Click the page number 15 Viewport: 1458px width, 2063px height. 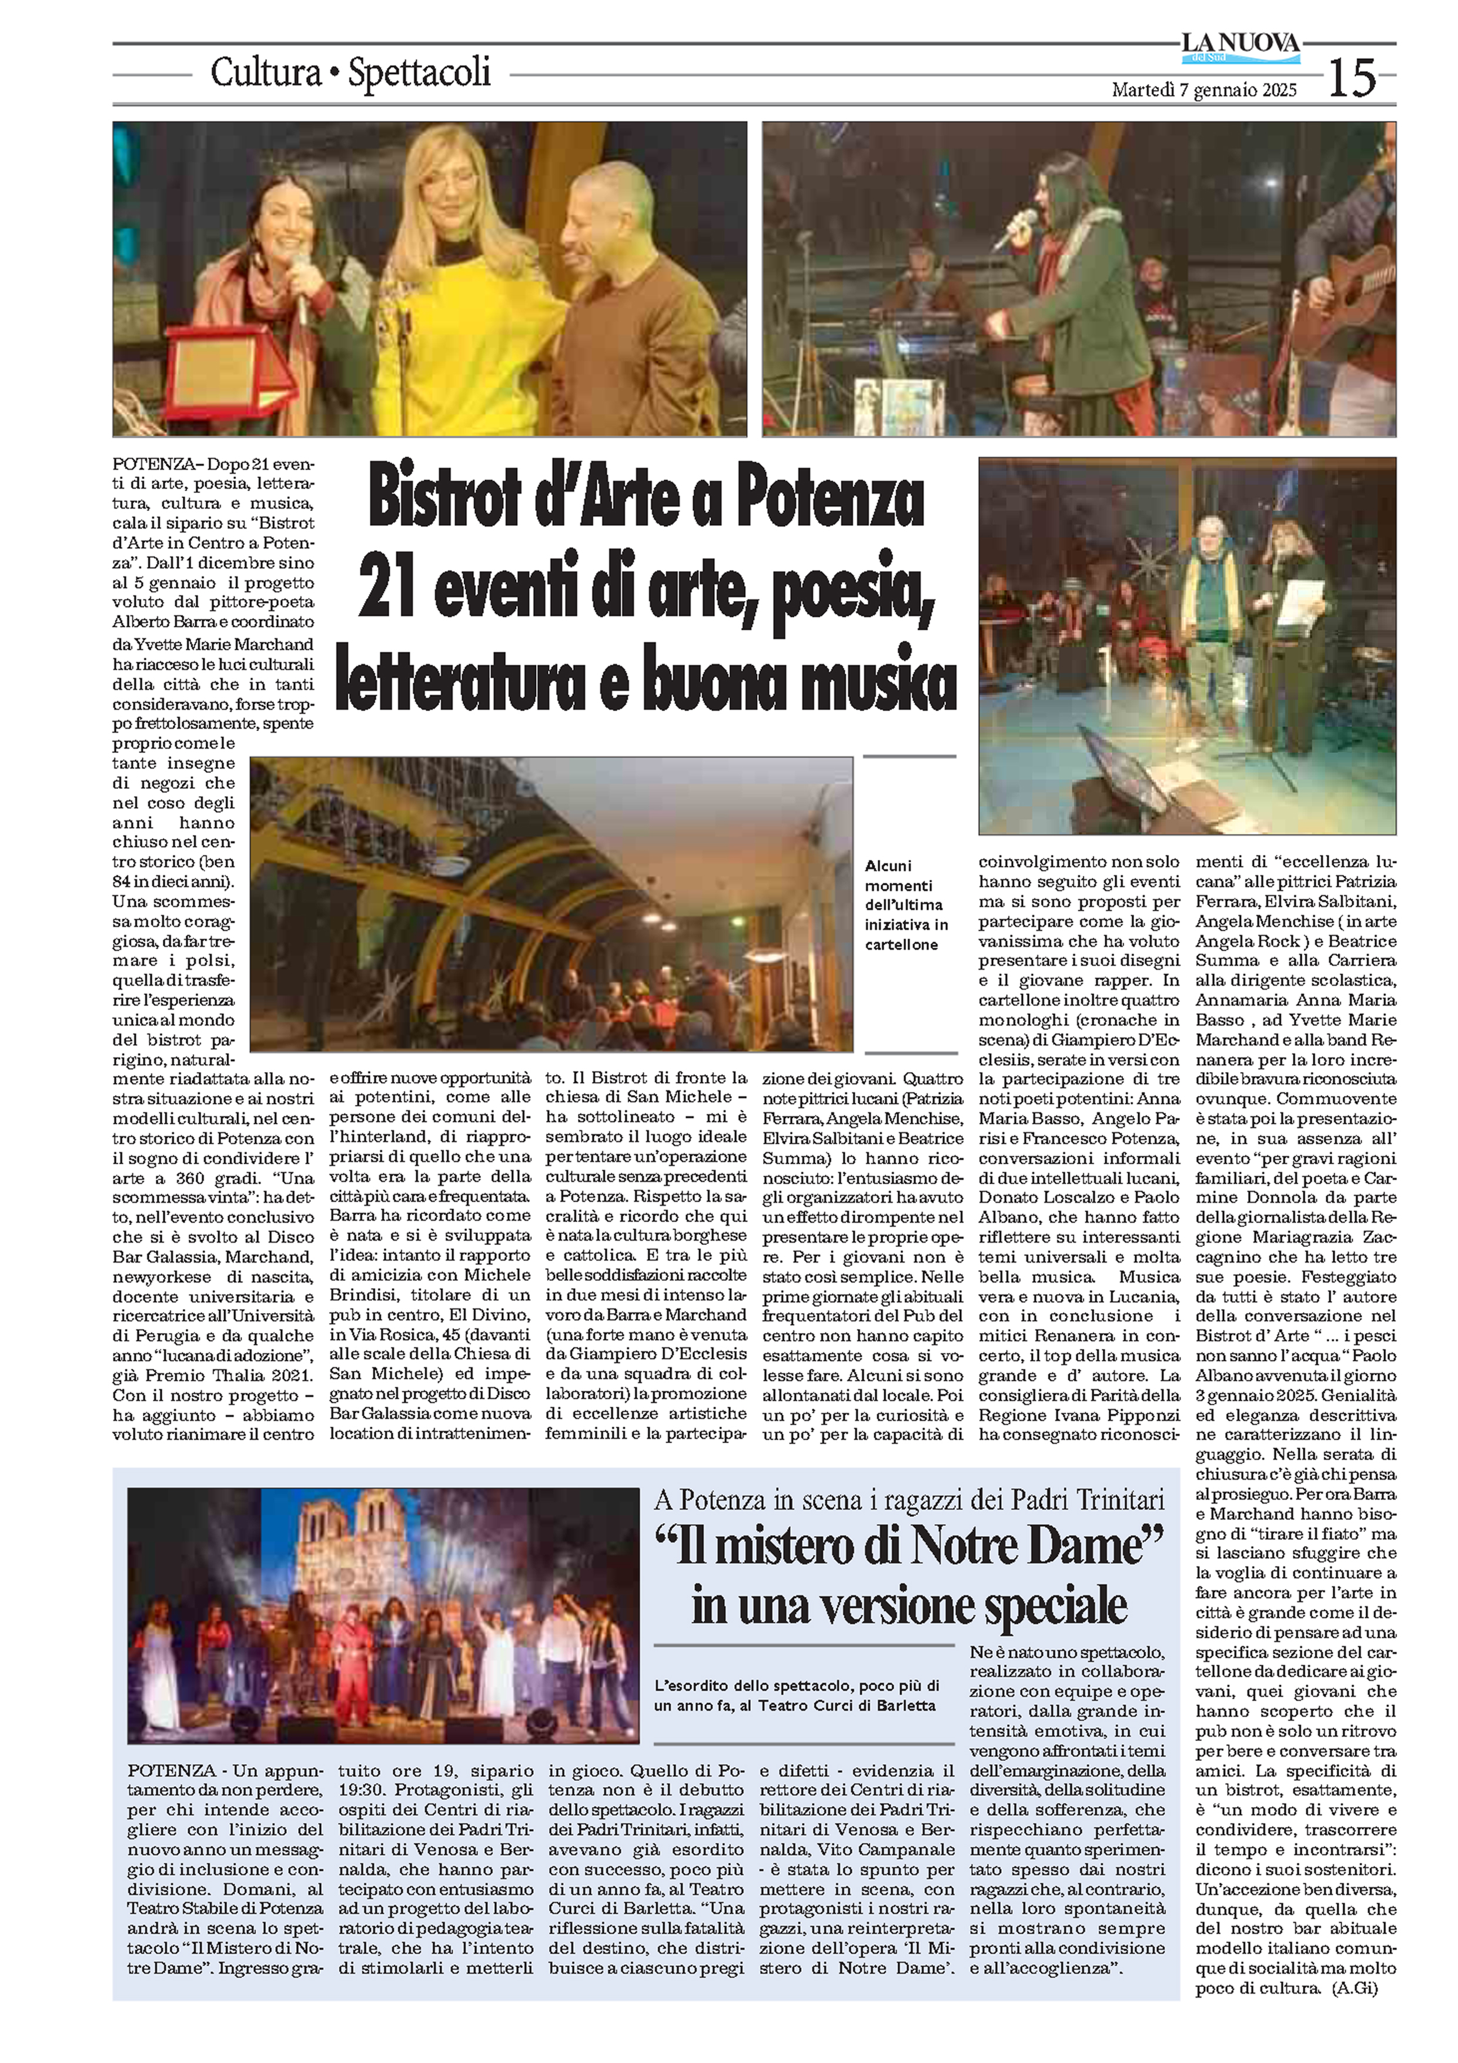pyautogui.click(x=1352, y=78)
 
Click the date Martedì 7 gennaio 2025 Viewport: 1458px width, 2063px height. pyautogui.click(x=1204, y=90)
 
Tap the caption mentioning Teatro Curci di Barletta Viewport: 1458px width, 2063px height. pyautogui.click(x=796, y=1695)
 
